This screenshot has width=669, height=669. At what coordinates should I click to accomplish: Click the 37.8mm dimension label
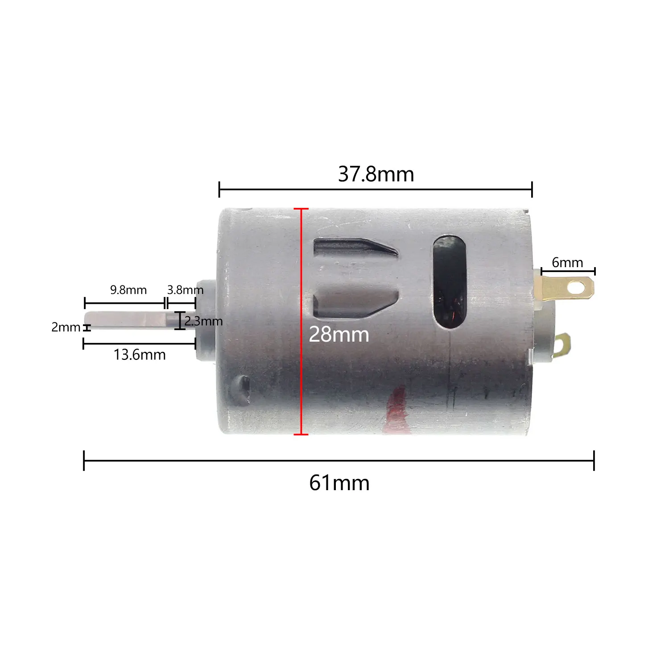click(x=376, y=174)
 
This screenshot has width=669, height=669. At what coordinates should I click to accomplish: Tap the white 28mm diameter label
click(x=339, y=334)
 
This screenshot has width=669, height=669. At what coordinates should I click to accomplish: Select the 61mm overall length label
click(x=339, y=483)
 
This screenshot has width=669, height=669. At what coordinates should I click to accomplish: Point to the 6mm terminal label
click(x=567, y=263)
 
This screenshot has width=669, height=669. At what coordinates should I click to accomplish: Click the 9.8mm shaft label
click(x=128, y=290)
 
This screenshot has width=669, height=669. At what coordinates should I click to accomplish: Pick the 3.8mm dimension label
click(x=185, y=290)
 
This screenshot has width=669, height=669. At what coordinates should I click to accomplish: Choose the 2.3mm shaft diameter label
click(x=203, y=321)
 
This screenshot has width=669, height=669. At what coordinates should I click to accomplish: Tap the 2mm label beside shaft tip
click(x=66, y=327)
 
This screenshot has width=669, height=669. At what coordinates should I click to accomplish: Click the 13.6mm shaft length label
click(x=140, y=355)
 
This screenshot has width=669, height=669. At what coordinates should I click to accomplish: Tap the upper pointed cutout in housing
click(x=352, y=248)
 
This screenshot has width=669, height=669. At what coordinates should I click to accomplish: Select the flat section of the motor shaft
click(x=125, y=319)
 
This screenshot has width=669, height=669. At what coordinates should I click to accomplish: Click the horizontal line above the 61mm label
click(x=339, y=461)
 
